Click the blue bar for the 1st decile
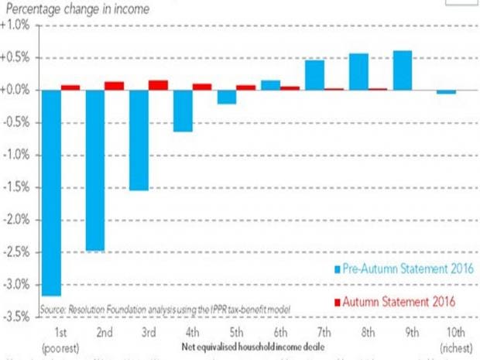pyautogui.click(x=50, y=193)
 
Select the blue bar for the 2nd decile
pyautogui.click(x=94, y=170)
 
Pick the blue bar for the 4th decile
pyautogui.click(x=183, y=111)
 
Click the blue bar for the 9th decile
pyautogui.click(x=403, y=70)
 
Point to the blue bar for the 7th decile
pyautogui.click(x=314, y=75)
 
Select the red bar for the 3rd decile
pyautogui.click(x=158, y=85)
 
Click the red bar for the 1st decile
pyautogui.click(x=70, y=87)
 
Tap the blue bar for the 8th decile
pyautogui.click(x=358, y=72)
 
